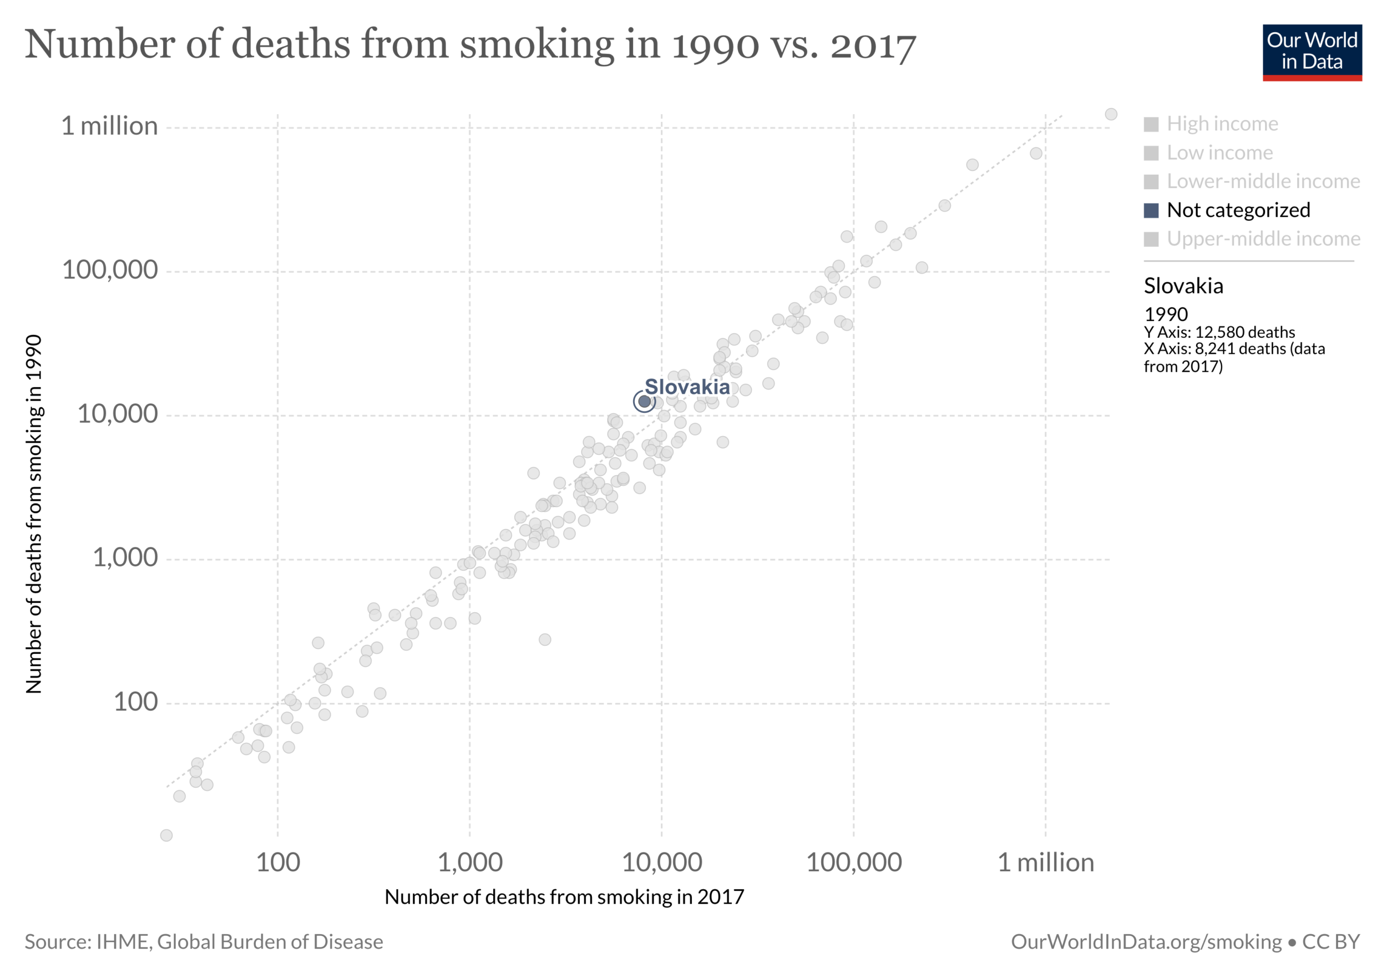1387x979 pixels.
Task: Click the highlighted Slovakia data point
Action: (644, 401)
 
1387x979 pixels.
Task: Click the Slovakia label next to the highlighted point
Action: (687, 387)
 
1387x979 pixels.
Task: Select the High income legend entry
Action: (1222, 124)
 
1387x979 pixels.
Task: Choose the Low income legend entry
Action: (1219, 153)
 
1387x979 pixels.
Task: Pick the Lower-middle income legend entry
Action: (1263, 181)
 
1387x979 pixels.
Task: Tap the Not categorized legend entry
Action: (1238, 210)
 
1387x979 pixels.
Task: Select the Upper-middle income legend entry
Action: (1263, 239)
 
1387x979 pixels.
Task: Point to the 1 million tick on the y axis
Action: (109, 126)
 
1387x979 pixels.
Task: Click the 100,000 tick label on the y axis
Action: (110, 270)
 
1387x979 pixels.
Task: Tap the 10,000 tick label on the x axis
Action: (661, 863)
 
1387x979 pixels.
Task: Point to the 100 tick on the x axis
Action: (278, 863)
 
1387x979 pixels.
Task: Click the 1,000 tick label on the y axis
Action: (125, 558)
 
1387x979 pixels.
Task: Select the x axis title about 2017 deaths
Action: (564, 897)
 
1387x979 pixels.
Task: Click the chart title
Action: (470, 45)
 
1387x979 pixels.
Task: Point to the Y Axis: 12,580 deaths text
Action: (1219, 332)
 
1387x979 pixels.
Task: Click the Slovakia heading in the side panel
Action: (1183, 286)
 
